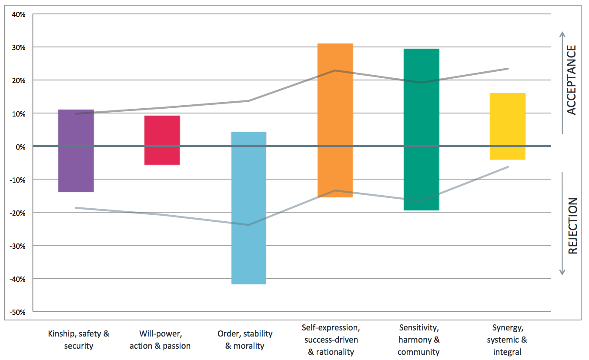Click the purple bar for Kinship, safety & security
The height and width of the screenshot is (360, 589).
click(x=76, y=150)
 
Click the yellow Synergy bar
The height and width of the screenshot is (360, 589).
click(x=507, y=127)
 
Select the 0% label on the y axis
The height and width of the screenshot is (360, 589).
click(x=21, y=147)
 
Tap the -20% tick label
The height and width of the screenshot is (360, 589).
click(x=18, y=213)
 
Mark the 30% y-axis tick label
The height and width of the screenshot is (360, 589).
click(x=19, y=47)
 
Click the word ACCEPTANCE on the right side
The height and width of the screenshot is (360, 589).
click(x=572, y=80)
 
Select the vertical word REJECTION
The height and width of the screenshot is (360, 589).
click(x=572, y=226)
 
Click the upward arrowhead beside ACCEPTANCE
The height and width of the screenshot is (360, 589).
click(x=562, y=34)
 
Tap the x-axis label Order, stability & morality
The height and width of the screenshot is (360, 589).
click(x=245, y=340)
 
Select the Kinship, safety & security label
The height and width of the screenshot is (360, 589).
click(x=79, y=340)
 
